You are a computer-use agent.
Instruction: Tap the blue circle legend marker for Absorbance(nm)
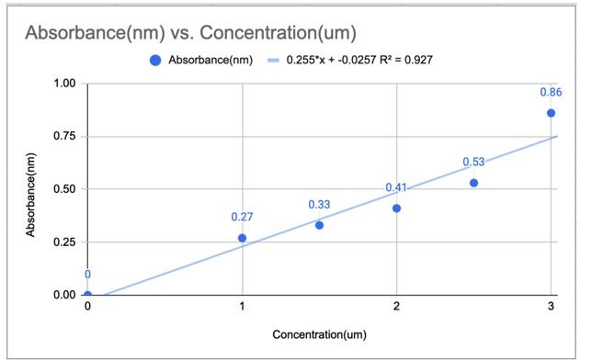(x=155, y=60)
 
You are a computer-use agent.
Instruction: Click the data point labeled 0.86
(x=551, y=113)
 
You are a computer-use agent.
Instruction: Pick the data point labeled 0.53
(x=473, y=183)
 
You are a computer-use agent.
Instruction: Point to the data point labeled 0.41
(x=396, y=208)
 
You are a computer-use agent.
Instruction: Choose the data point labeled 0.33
(x=319, y=225)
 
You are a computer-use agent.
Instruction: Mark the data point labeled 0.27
(x=242, y=238)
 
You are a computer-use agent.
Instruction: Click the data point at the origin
(x=87, y=295)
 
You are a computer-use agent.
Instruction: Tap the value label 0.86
(x=551, y=93)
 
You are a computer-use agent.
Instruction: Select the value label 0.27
(x=242, y=218)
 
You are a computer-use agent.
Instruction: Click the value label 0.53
(x=473, y=163)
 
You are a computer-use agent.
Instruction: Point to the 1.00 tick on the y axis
(x=64, y=84)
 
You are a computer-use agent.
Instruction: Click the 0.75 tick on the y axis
(x=64, y=137)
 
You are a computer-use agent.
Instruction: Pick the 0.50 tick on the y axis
(x=64, y=189)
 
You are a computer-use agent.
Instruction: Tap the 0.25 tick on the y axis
(x=64, y=242)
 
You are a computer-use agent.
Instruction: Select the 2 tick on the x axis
(x=396, y=307)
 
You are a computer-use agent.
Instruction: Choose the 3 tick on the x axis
(x=551, y=307)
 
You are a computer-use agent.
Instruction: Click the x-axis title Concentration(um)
(x=319, y=335)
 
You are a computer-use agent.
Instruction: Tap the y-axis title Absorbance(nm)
(x=31, y=190)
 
